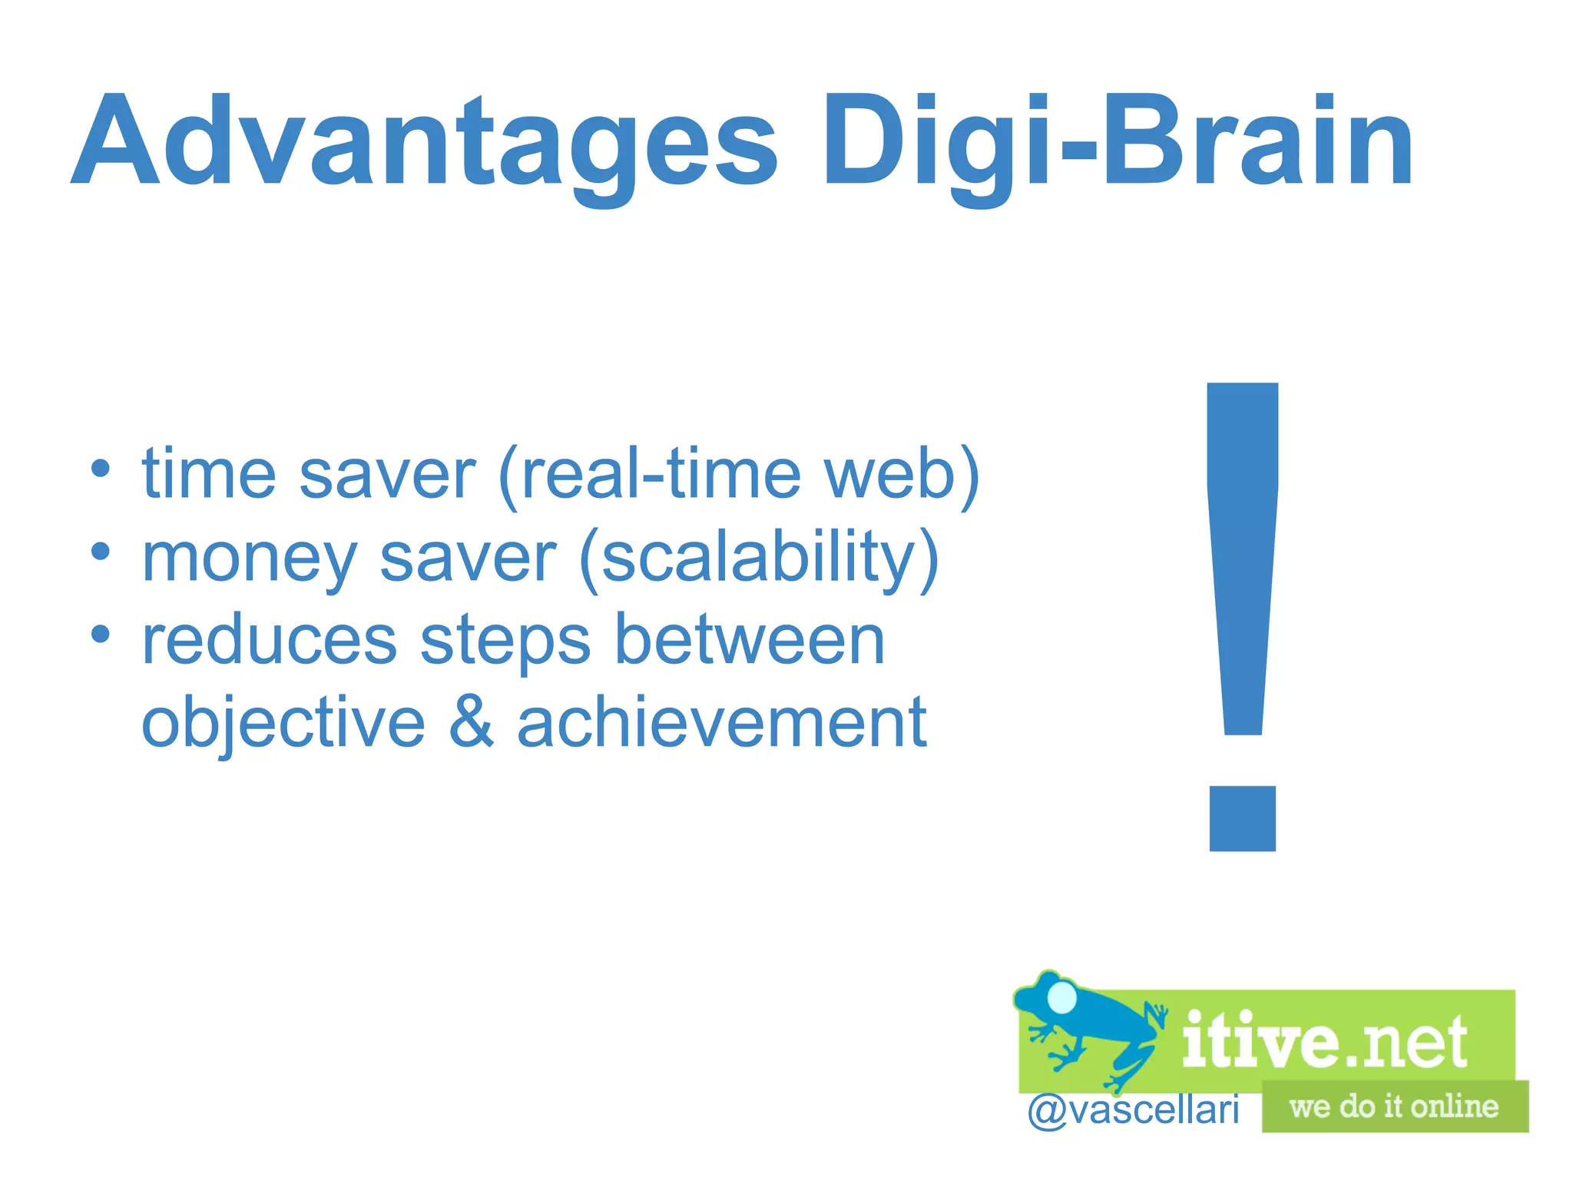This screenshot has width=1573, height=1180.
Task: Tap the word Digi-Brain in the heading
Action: pyautogui.click(x=1118, y=142)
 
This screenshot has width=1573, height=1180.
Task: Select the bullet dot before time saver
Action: pyautogui.click(x=101, y=468)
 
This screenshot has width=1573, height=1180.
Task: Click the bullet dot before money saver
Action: pyautogui.click(x=101, y=551)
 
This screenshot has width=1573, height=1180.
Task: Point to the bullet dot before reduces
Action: pyautogui.click(x=101, y=634)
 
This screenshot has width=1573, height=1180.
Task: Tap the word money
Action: pyautogui.click(x=250, y=559)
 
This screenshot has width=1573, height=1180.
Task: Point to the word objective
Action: pyautogui.click(x=283, y=724)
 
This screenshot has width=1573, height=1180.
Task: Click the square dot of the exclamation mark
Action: pyautogui.click(x=1242, y=818)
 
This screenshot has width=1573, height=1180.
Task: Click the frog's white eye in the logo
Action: pyautogui.click(x=1063, y=996)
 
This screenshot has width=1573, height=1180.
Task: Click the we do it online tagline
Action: pyautogui.click(x=1394, y=1106)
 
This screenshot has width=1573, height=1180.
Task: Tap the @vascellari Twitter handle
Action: pyautogui.click(x=1134, y=1109)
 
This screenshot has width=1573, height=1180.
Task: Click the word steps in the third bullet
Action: pyautogui.click(x=505, y=641)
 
